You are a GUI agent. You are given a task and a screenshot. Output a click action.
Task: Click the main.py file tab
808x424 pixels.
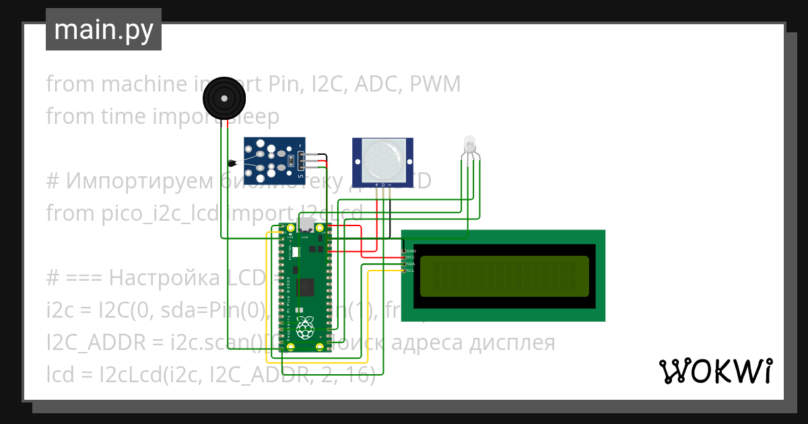[103, 30]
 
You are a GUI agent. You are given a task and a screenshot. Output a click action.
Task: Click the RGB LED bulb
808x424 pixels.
[469, 143]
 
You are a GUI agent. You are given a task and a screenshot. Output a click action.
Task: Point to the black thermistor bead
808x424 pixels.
[232, 162]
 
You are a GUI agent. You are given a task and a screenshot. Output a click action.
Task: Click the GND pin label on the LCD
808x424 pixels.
[411, 250]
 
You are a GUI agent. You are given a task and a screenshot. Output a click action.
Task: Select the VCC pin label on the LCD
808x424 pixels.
[411, 257]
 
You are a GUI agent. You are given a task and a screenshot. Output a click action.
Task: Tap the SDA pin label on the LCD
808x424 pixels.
[411, 264]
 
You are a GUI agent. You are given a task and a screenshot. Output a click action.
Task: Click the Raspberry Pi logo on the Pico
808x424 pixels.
[306, 328]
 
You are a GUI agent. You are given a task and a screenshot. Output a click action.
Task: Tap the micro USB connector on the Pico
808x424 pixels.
[306, 225]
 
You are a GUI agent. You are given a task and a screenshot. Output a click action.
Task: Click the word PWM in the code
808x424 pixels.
[435, 84]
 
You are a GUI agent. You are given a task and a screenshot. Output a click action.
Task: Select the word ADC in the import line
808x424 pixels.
[376, 84]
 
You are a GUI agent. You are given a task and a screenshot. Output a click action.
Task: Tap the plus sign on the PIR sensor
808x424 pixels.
[376, 184]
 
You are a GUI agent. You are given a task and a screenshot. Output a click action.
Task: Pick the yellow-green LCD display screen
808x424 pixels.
[504, 276]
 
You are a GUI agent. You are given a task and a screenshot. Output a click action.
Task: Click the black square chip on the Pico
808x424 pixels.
[306, 286]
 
